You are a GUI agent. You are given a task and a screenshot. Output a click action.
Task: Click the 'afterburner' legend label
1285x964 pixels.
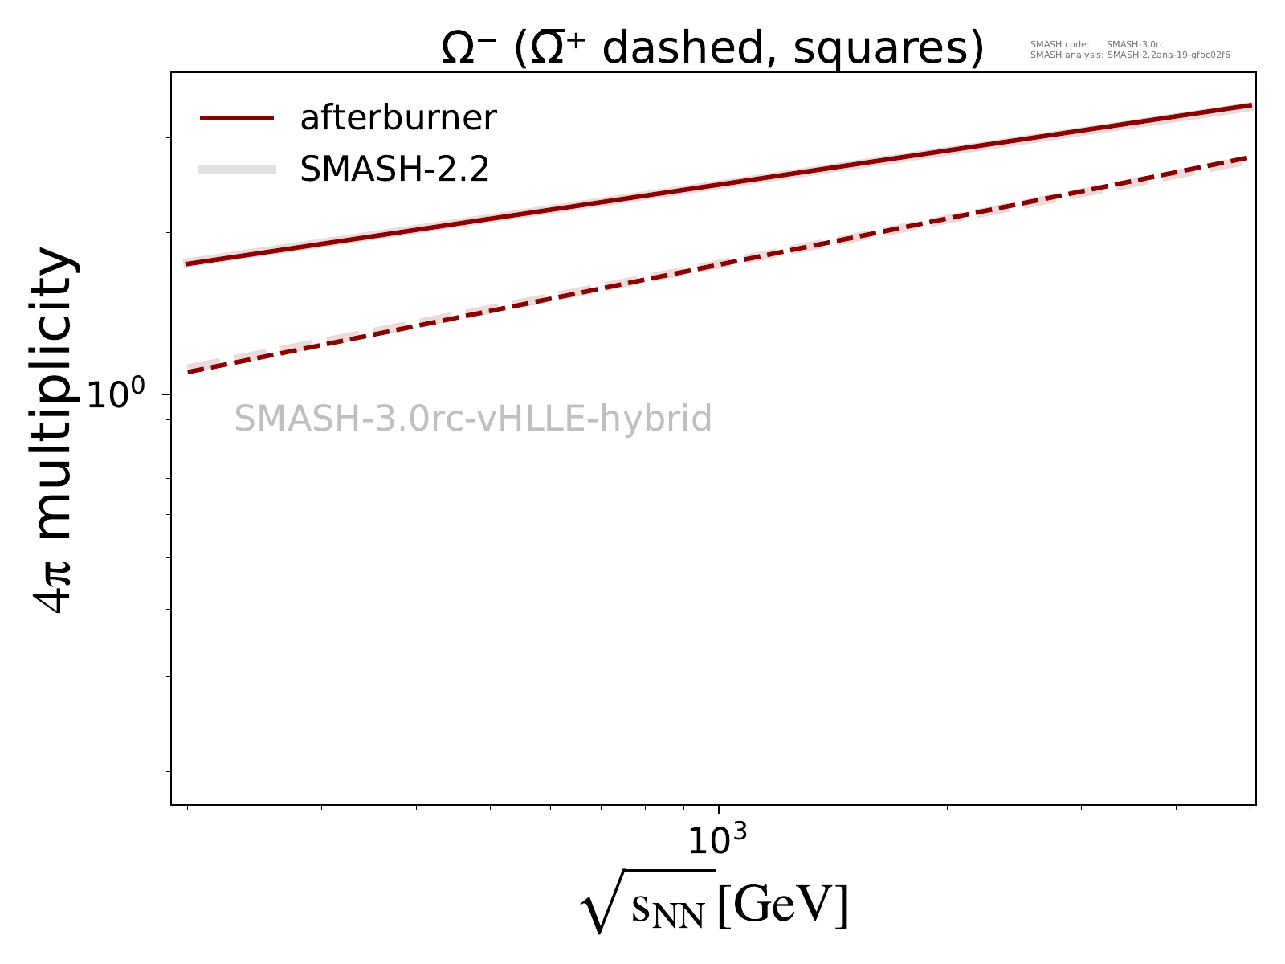[x=398, y=118]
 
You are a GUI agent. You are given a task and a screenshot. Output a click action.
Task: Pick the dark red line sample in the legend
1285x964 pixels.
[x=237, y=118]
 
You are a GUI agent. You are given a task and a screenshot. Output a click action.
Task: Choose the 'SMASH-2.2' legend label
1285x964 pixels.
[x=394, y=169]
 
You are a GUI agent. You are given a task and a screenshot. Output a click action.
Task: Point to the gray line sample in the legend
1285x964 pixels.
[x=237, y=169]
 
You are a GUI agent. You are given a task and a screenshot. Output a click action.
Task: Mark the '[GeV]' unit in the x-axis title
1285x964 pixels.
[x=783, y=905]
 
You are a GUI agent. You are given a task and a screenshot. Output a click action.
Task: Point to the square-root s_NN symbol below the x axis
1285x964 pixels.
[x=647, y=904]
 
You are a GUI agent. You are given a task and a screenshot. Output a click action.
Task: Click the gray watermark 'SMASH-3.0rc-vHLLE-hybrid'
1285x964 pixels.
[x=473, y=419]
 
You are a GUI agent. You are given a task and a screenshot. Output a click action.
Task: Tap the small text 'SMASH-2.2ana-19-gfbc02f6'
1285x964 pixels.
[x=1169, y=55]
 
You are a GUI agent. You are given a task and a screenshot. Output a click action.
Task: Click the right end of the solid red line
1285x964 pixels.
[x=1250, y=105]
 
